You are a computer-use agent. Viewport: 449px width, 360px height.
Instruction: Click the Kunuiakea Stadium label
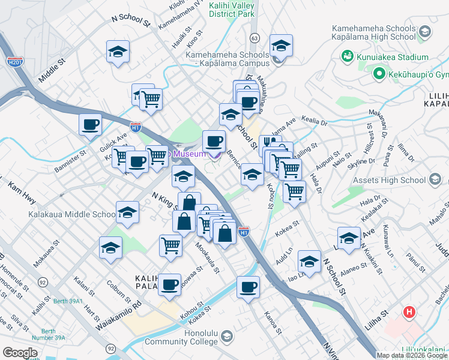click(x=382, y=57)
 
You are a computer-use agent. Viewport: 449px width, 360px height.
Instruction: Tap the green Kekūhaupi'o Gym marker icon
click(x=379, y=75)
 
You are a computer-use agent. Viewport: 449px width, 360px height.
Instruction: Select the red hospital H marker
click(x=409, y=312)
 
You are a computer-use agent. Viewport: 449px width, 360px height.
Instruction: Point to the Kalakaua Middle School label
click(x=71, y=214)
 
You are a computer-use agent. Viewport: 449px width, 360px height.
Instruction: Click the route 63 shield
click(x=255, y=38)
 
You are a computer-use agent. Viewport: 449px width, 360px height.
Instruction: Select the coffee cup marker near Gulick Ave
click(x=90, y=125)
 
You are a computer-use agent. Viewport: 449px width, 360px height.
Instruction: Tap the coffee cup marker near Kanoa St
click(x=248, y=287)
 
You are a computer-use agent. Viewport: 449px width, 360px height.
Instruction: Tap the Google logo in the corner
click(x=20, y=353)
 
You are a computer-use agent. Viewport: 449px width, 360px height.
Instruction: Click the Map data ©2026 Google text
click(x=412, y=355)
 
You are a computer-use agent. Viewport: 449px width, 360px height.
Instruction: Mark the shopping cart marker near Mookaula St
click(x=170, y=244)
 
